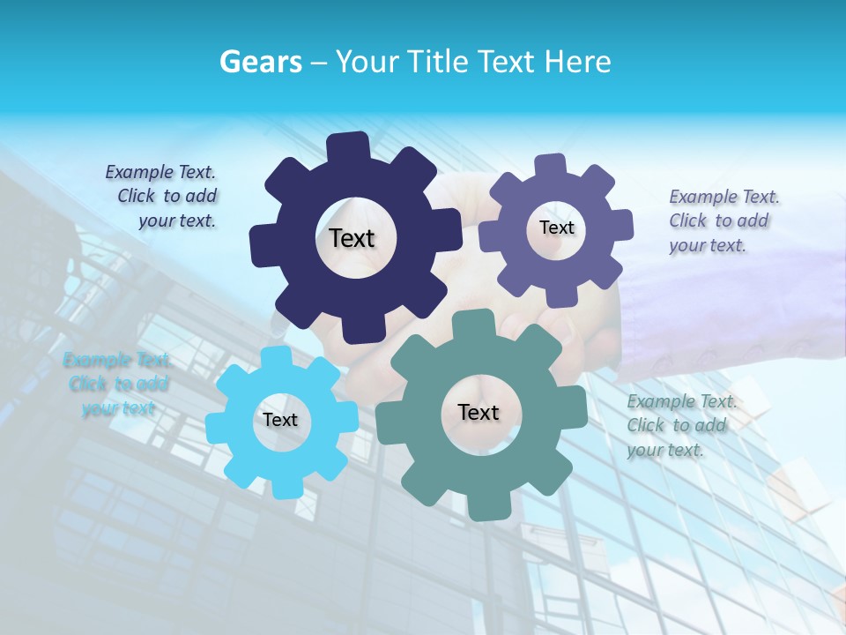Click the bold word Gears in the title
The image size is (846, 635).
[x=261, y=62]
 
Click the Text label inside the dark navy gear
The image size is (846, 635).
[x=352, y=238]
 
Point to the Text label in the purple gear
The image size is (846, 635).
[x=556, y=228]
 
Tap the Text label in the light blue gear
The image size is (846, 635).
[x=280, y=421]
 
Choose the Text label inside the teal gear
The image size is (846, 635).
[x=479, y=412]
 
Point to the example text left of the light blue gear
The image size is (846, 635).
[x=118, y=384]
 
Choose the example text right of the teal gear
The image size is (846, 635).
[x=680, y=425]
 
